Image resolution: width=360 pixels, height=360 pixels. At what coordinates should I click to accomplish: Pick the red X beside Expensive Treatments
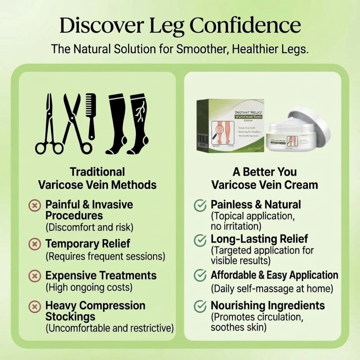(x=34, y=276)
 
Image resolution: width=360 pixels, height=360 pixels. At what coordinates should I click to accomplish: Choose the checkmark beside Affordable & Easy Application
(x=200, y=276)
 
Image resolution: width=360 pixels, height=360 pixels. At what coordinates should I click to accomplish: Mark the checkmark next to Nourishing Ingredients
(x=200, y=306)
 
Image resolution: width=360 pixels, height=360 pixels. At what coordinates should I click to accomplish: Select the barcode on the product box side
(x=201, y=138)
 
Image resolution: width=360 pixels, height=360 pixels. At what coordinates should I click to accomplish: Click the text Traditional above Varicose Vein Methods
(x=97, y=172)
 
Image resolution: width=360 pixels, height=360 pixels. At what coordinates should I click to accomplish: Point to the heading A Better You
(x=264, y=172)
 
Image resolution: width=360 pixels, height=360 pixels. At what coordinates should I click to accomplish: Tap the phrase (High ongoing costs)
(x=89, y=287)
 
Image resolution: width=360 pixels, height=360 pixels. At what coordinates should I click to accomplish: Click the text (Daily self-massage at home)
(x=272, y=289)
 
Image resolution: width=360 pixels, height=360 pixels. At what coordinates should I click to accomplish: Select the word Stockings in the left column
(x=70, y=317)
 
